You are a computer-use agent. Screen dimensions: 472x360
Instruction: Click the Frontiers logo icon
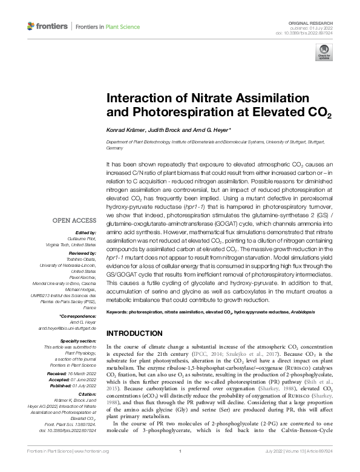[x=31, y=26]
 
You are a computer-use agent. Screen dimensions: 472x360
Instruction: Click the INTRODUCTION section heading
[x=135, y=333]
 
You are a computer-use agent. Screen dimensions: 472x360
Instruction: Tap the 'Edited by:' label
[x=85, y=233]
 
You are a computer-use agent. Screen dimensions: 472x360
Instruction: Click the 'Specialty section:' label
[x=77, y=341]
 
